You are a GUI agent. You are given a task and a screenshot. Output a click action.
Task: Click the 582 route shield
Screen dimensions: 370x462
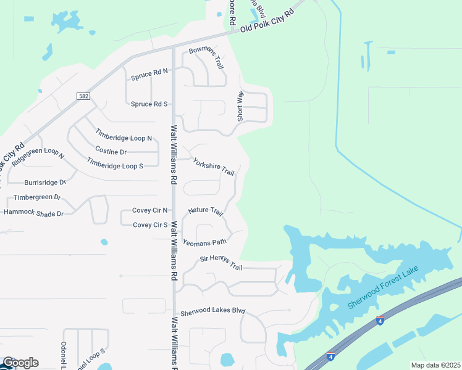click(84, 96)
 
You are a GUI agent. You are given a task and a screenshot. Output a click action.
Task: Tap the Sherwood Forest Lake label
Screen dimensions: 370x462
click(383, 288)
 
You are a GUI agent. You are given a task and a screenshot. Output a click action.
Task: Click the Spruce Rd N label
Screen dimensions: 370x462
click(149, 76)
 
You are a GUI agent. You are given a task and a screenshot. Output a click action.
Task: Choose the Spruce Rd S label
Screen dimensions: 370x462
click(149, 104)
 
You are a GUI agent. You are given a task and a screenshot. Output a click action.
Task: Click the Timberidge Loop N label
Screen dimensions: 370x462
click(124, 134)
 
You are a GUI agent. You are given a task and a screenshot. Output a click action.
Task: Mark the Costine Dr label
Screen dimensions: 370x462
click(111, 151)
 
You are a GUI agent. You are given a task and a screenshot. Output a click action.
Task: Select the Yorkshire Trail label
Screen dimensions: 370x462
click(214, 166)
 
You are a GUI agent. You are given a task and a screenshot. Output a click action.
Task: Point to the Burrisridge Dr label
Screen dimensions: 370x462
click(44, 183)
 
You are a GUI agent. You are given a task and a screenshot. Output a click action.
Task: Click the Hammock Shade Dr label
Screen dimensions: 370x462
click(34, 213)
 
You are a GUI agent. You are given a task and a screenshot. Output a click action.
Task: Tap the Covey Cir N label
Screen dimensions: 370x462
click(150, 210)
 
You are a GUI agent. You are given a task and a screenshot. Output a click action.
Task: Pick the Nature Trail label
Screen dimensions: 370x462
click(206, 211)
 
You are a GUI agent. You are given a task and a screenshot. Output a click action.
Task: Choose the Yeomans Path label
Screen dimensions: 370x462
click(204, 242)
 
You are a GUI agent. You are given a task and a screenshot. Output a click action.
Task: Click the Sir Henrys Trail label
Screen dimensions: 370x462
click(221, 262)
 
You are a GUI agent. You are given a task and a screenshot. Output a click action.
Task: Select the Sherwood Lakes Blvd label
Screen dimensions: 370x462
click(212, 311)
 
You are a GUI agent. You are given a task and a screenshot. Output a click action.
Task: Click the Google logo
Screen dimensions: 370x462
click(20, 363)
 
